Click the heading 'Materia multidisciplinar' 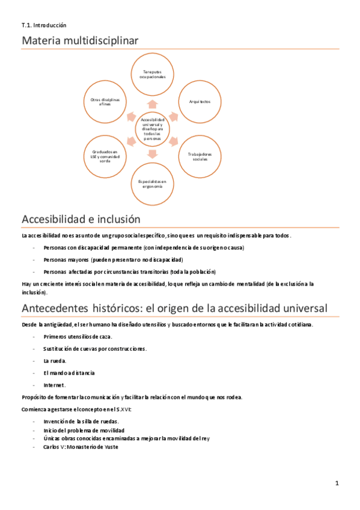tap(80, 40)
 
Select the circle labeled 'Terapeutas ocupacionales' tap(153, 74)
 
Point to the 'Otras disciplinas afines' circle tap(105, 102)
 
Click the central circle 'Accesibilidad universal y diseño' tap(153, 129)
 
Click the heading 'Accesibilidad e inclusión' tap(81, 219)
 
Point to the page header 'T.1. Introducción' tap(43, 25)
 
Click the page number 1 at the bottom tap(337, 483)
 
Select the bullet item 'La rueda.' tap(55, 361)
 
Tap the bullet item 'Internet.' tap(54, 385)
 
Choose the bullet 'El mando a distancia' tap(69, 373)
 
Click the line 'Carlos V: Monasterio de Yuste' tap(81, 447)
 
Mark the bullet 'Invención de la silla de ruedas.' tap(81, 422)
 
